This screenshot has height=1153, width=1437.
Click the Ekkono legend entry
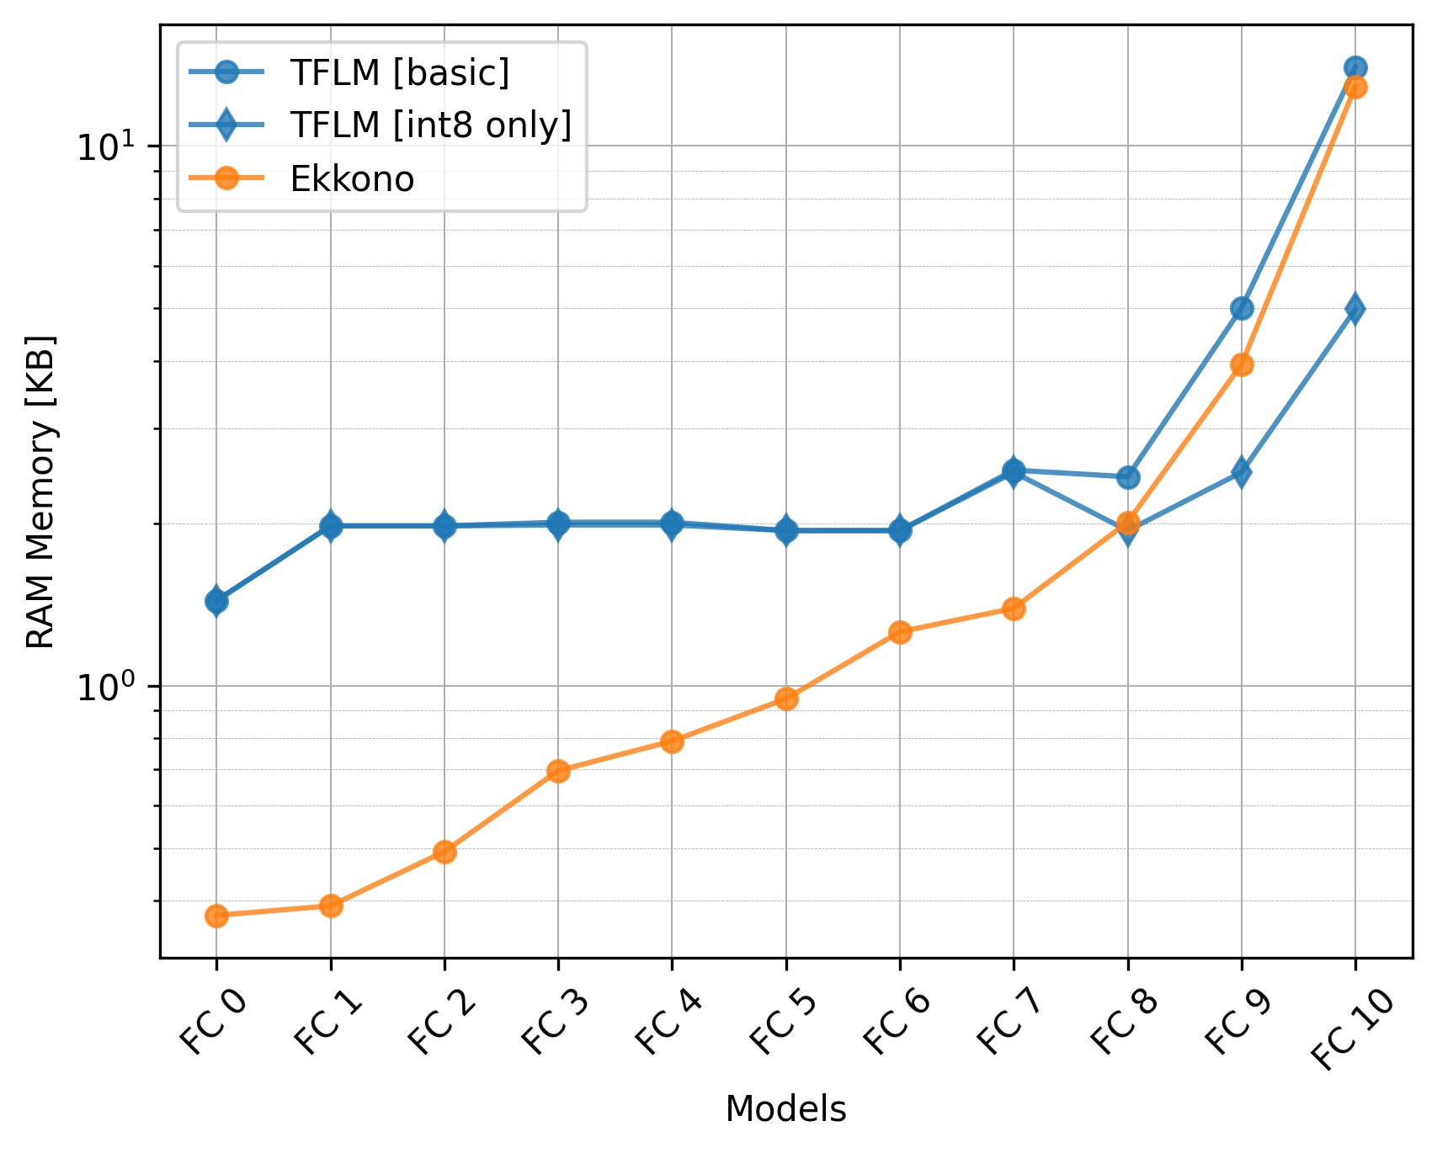click(352, 179)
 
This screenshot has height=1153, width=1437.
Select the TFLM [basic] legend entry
click(399, 73)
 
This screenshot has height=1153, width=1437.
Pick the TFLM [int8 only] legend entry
click(430, 125)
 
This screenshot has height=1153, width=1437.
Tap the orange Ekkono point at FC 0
click(216, 916)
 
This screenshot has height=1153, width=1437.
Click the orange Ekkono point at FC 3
click(558, 771)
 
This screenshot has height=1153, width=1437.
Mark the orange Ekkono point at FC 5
click(786, 699)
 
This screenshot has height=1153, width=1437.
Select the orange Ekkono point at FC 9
click(1242, 365)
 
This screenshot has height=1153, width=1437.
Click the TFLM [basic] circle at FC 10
click(1355, 68)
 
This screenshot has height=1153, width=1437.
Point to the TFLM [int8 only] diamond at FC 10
click(1355, 309)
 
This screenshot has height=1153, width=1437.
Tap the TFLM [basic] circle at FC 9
click(1242, 308)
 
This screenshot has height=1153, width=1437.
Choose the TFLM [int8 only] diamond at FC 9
click(1242, 471)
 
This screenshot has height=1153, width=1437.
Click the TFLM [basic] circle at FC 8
click(1128, 477)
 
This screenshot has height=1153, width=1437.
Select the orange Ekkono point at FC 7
click(1014, 608)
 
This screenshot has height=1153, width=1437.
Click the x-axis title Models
click(785, 1110)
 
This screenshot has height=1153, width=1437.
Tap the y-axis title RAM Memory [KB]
click(40, 491)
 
